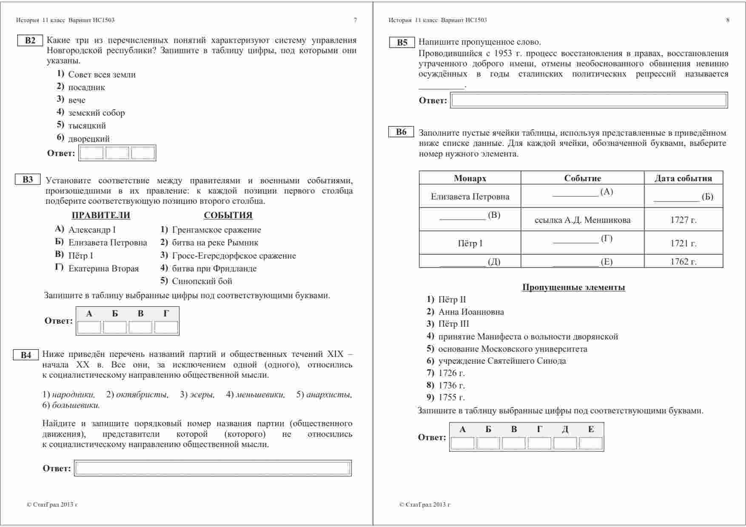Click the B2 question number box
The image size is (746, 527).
click(x=30, y=41)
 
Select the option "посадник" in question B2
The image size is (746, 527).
click(x=86, y=88)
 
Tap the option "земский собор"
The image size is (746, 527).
click(x=97, y=113)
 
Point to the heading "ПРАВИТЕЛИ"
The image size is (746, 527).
click(x=101, y=216)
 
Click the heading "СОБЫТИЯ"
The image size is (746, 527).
click(x=228, y=216)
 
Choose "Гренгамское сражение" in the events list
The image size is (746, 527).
click(x=216, y=230)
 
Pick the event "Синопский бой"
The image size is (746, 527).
click(x=202, y=281)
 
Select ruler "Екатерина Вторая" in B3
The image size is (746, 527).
click(x=103, y=269)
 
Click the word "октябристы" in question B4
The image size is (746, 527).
click(x=142, y=395)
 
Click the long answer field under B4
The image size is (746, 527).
click(x=213, y=468)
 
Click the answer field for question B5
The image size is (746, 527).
click(x=589, y=100)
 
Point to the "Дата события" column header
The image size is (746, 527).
click(x=683, y=178)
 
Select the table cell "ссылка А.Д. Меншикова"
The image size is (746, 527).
click(x=582, y=220)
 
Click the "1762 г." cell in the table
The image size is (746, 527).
click(x=683, y=262)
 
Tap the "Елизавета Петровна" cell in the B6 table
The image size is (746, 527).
click(x=470, y=197)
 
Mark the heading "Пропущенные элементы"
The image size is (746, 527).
click(x=573, y=288)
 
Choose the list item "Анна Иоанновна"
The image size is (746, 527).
click(x=471, y=312)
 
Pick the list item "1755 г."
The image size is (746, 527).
click(x=451, y=398)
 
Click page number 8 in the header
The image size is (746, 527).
click(x=728, y=20)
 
